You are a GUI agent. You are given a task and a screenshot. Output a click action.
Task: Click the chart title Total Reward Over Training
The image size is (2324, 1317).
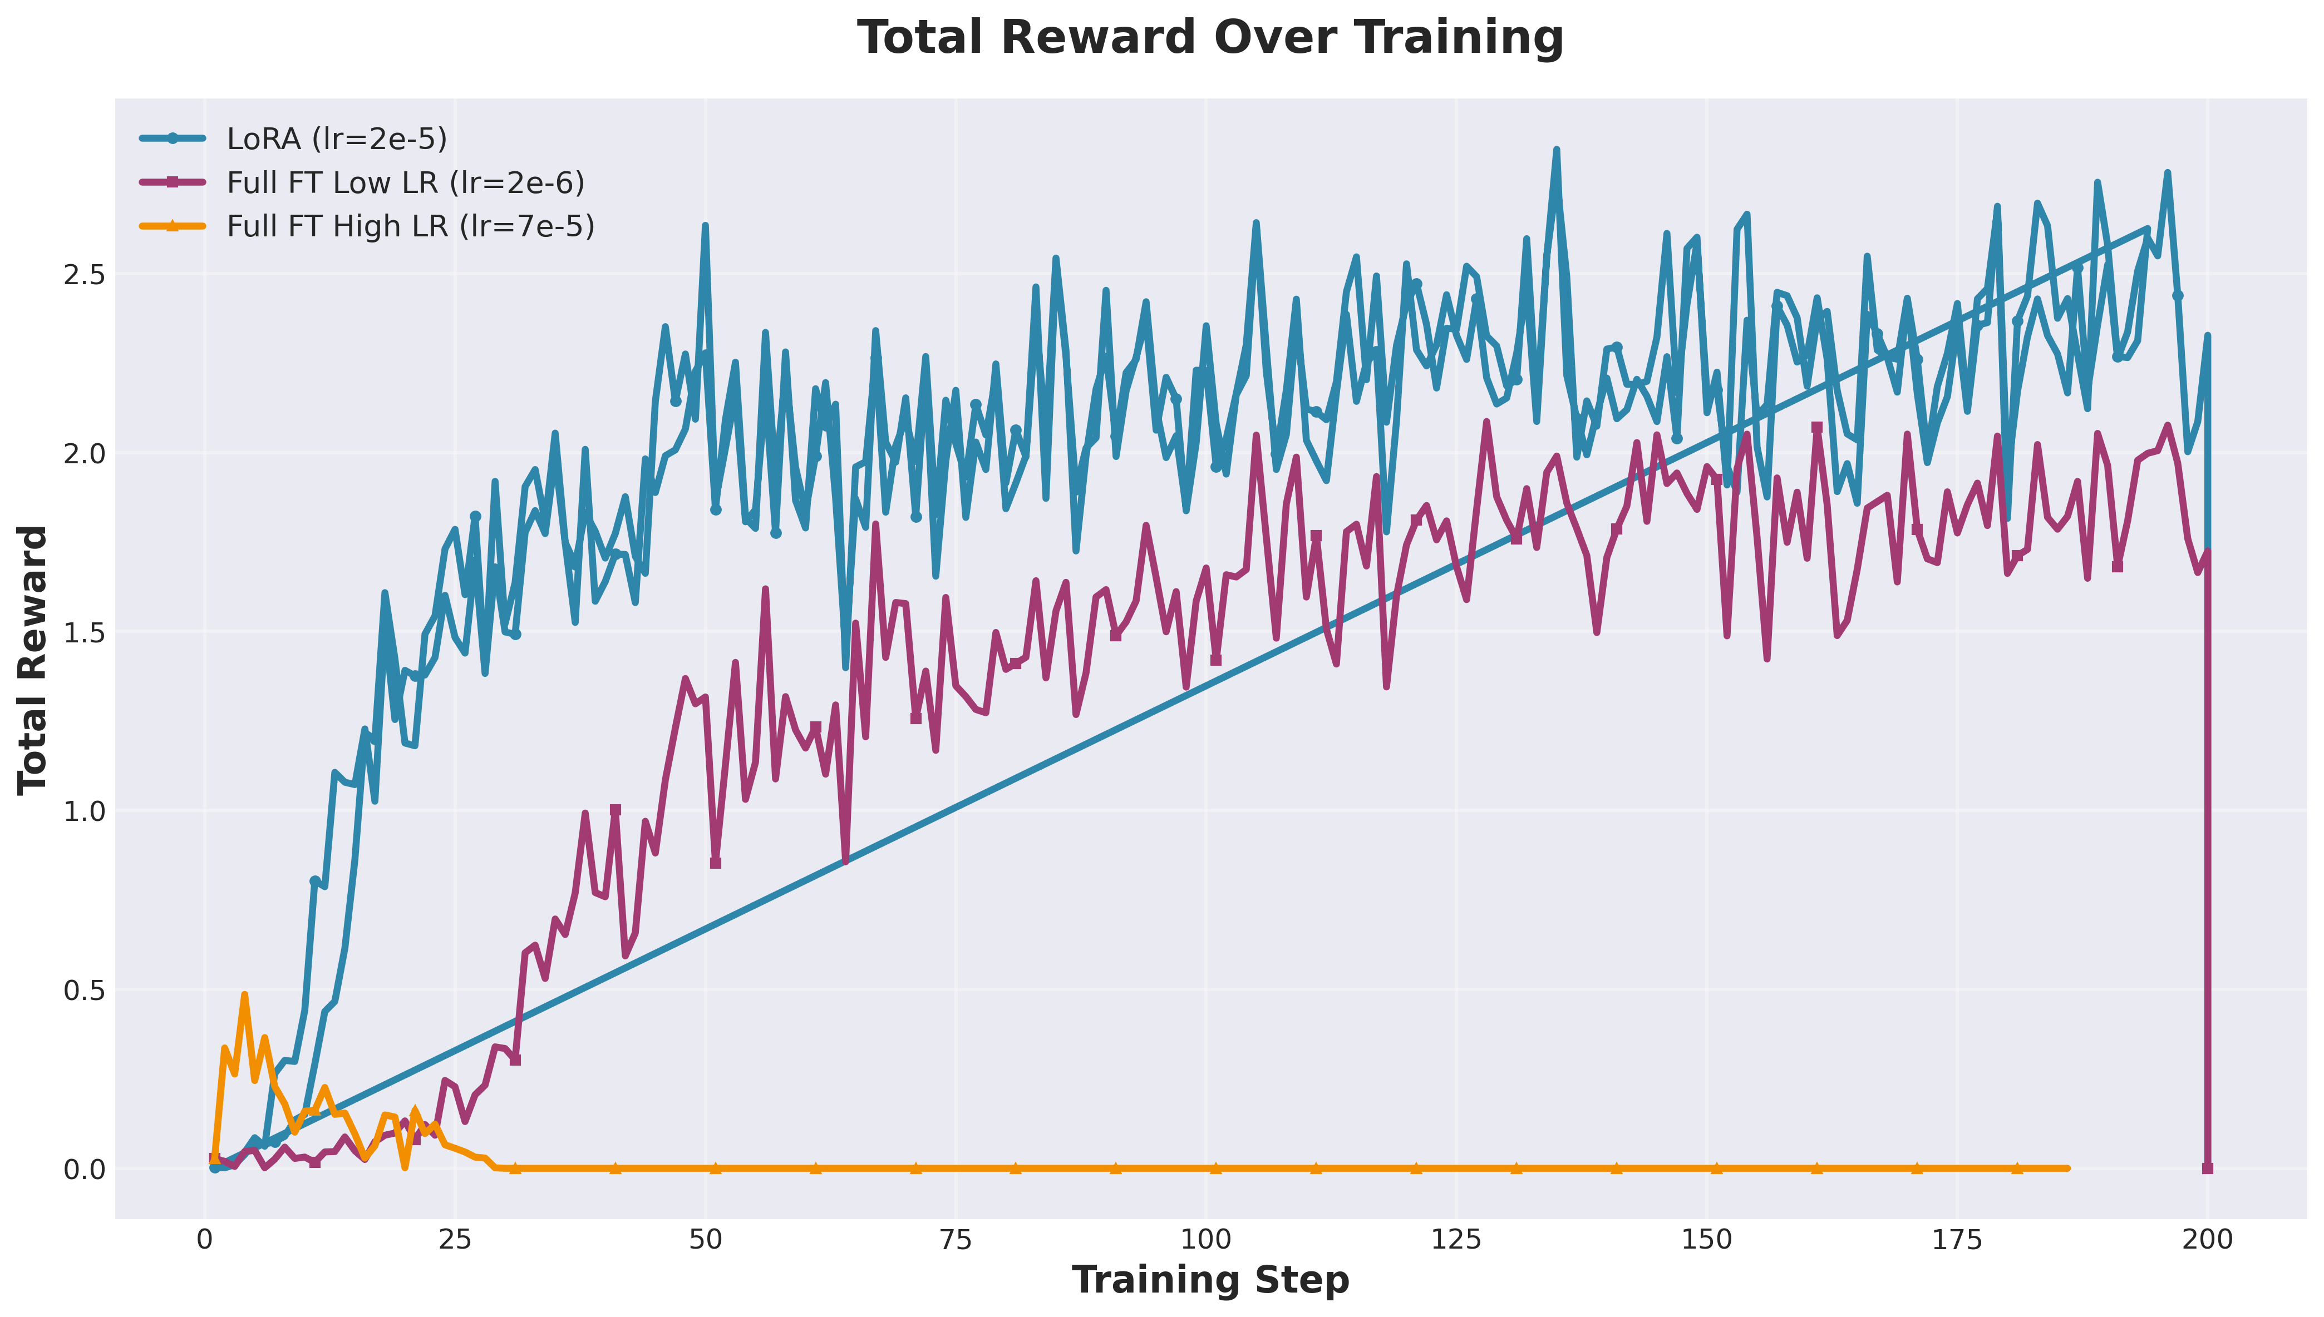pyautogui.click(x=1210, y=38)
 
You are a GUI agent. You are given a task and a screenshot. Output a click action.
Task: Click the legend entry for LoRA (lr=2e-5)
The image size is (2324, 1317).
pyautogui.click(x=337, y=138)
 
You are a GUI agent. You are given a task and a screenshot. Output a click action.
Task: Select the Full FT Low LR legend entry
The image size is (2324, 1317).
pyautogui.click(x=406, y=183)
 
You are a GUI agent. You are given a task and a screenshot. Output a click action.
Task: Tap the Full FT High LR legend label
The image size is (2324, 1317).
pyautogui.click(x=410, y=226)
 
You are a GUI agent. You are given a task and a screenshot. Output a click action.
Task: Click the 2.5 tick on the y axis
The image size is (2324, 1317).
pyautogui.click(x=83, y=275)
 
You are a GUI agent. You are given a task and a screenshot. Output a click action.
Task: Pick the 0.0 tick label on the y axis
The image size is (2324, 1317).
pyautogui.click(x=83, y=1170)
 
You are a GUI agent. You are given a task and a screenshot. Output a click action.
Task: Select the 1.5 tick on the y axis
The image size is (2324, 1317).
pyautogui.click(x=83, y=632)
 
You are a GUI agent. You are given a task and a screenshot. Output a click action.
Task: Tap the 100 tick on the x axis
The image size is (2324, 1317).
pyautogui.click(x=1205, y=1239)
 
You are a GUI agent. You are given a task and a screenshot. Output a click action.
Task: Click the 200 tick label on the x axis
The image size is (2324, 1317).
pyautogui.click(x=2207, y=1239)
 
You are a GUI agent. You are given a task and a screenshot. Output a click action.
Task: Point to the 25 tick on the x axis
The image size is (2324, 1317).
pyautogui.click(x=455, y=1239)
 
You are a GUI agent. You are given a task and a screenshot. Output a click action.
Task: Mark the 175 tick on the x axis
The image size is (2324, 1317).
pyautogui.click(x=1957, y=1239)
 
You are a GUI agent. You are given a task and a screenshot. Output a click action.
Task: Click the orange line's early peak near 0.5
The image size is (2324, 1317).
pyautogui.click(x=244, y=995)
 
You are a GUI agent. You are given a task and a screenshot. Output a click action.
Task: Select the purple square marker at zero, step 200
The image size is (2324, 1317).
pyautogui.click(x=2207, y=1168)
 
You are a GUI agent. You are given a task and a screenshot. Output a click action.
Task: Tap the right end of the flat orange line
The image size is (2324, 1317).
pyautogui.click(x=2067, y=1168)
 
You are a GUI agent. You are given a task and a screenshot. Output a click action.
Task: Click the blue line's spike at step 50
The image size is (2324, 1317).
pyautogui.click(x=705, y=226)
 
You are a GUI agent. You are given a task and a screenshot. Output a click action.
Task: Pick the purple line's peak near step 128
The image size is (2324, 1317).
pyautogui.click(x=1486, y=422)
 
